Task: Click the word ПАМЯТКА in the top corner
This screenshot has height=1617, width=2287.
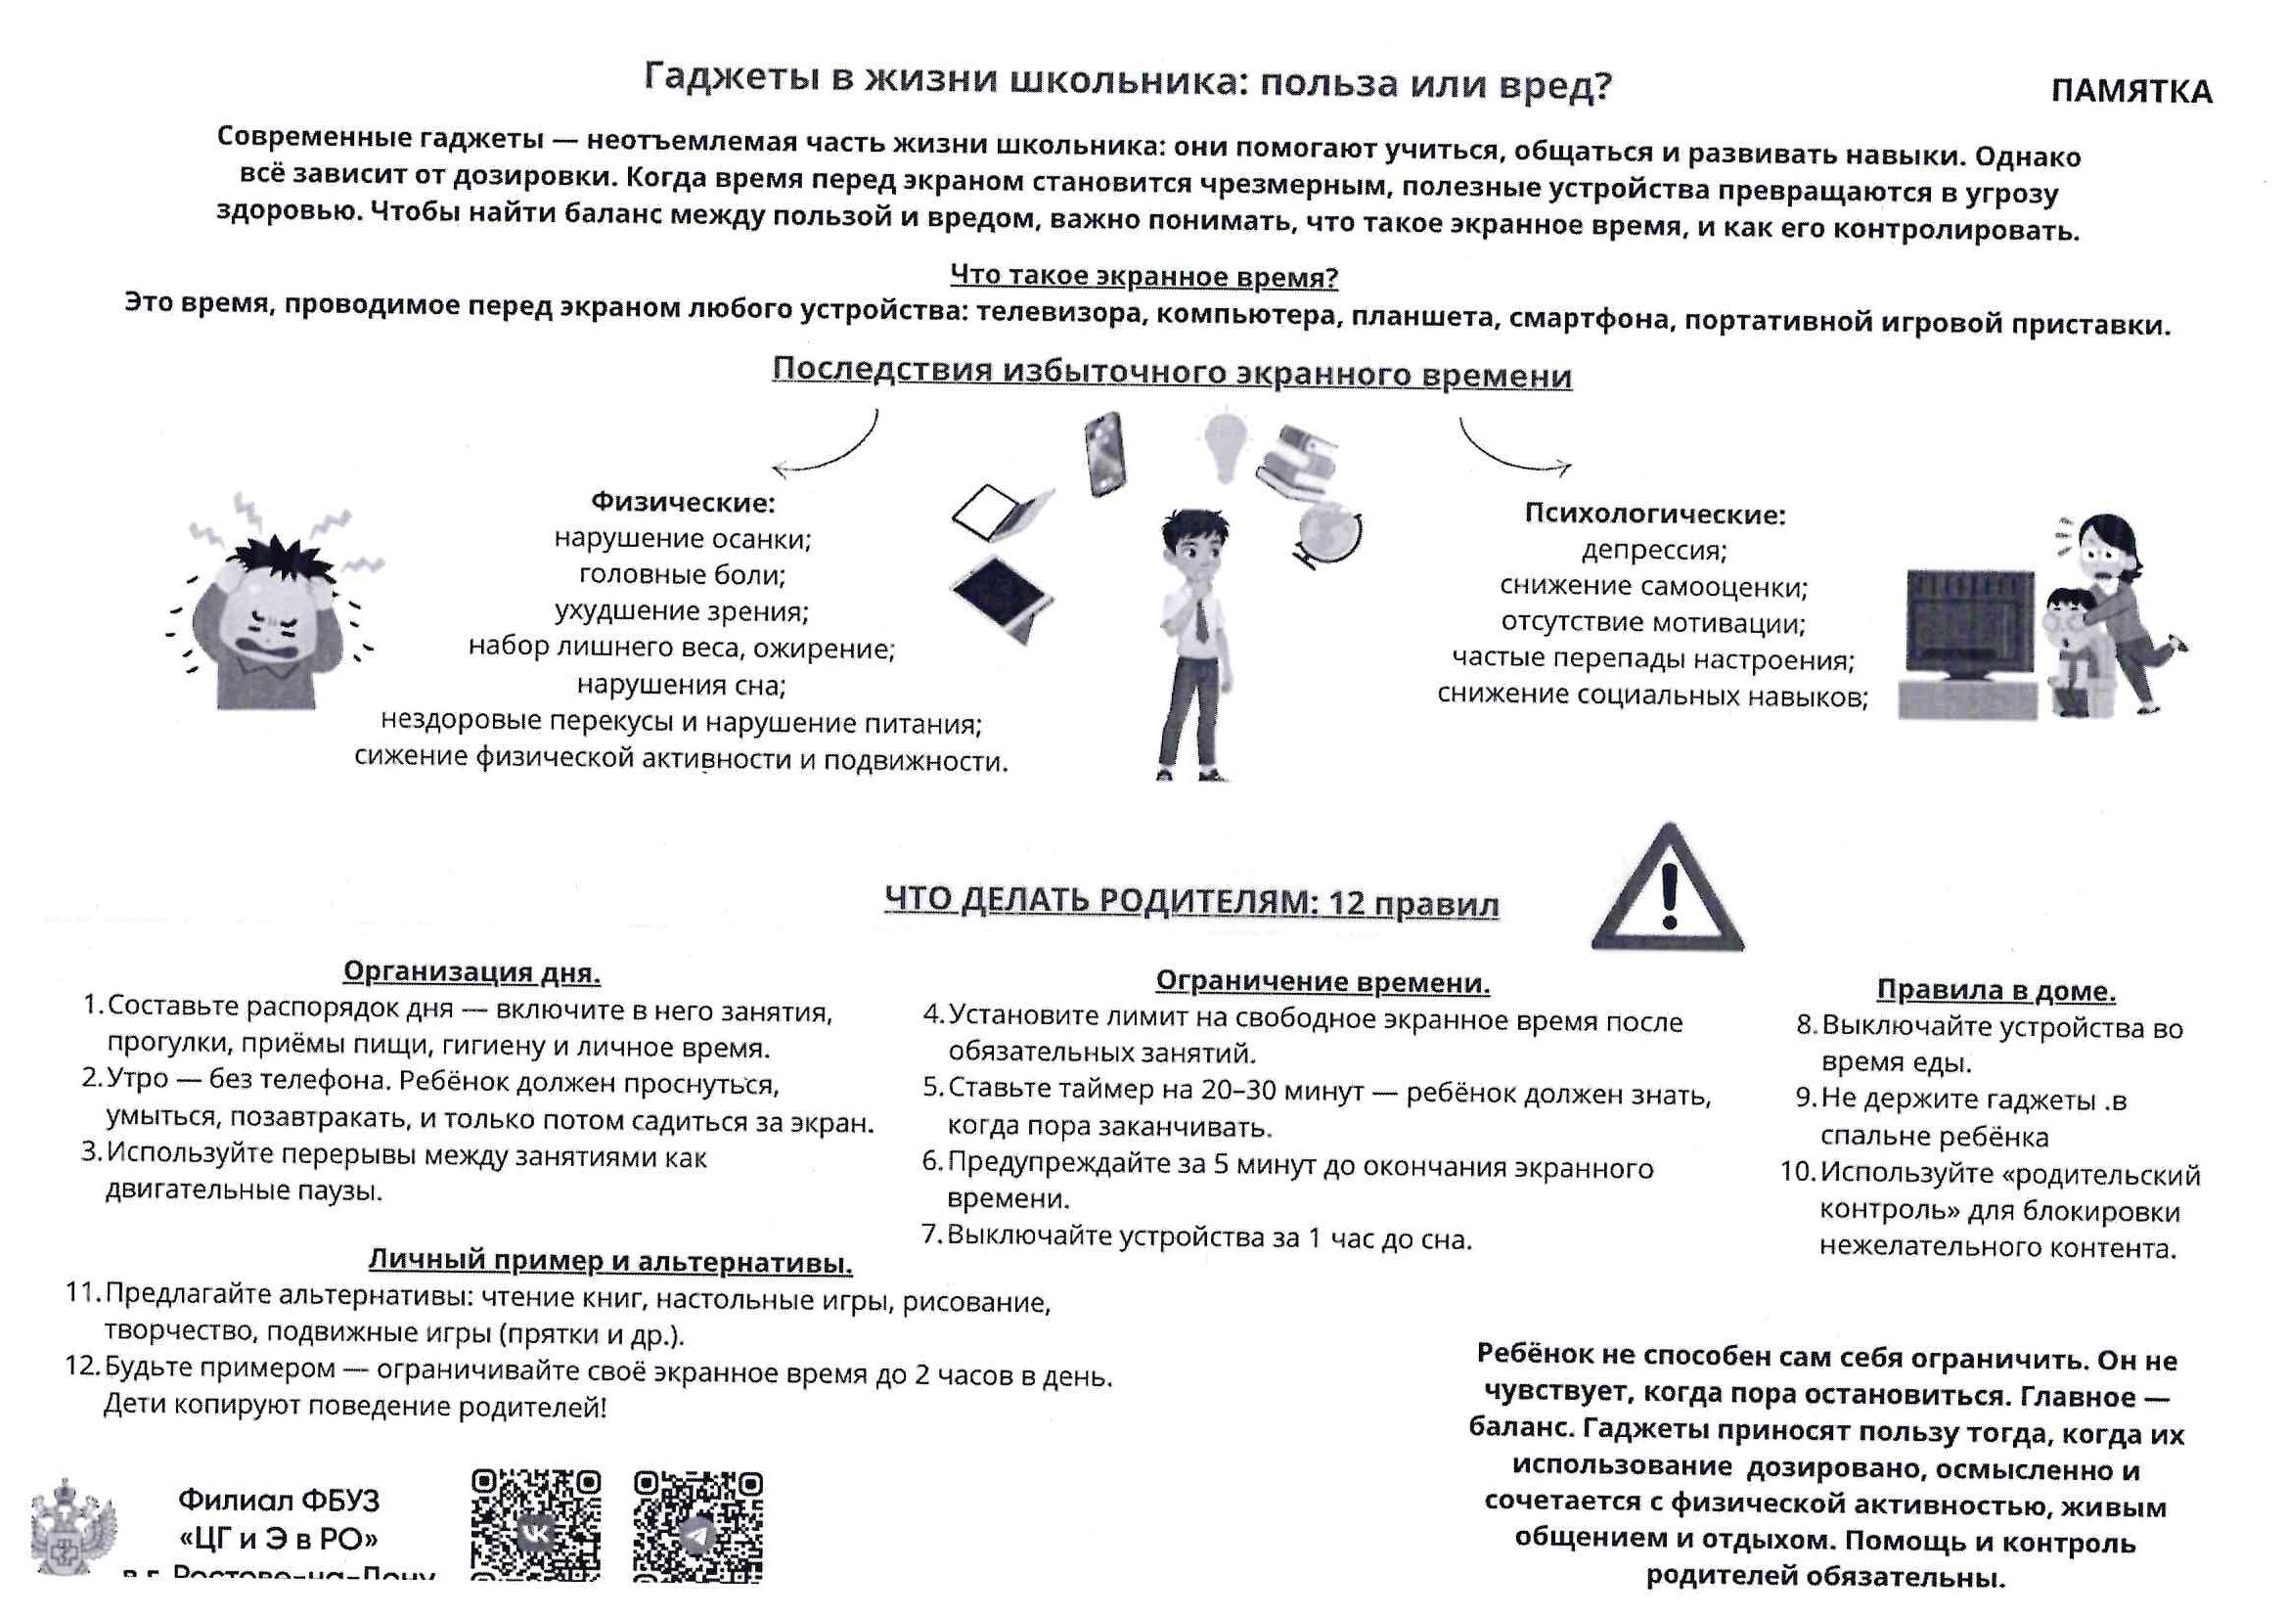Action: click(2130, 92)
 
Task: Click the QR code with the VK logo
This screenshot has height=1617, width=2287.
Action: click(536, 1524)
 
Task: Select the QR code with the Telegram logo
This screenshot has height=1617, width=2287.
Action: click(698, 1524)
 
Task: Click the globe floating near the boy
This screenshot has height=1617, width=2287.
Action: click(1329, 535)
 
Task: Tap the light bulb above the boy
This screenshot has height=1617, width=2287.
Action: click(1225, 447)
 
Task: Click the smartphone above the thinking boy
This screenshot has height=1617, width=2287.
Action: click(1104, 453)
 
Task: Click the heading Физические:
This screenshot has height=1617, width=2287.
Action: click(683, 502)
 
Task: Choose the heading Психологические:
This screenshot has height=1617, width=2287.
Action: click(1654, 515)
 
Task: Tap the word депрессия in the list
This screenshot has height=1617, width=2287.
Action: click(1653, 550)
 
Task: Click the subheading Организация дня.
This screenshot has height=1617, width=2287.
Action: click(471, 971)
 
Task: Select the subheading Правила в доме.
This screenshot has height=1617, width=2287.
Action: click(1996, 990)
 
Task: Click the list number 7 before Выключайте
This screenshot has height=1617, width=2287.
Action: click(932, 1235)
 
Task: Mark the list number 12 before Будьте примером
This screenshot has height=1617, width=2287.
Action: click(83, 1366)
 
